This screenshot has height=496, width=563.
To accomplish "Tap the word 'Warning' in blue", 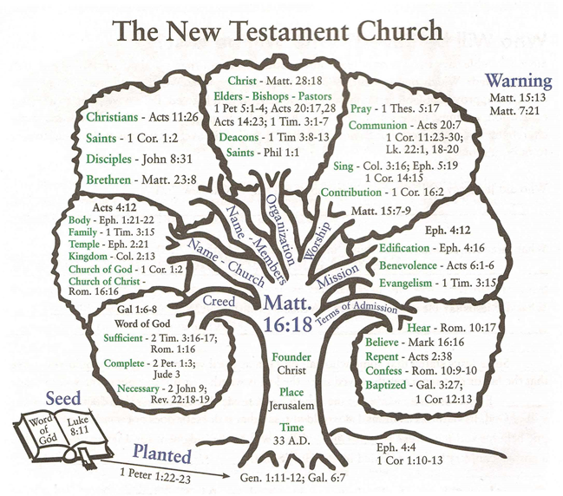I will [517, 82].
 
